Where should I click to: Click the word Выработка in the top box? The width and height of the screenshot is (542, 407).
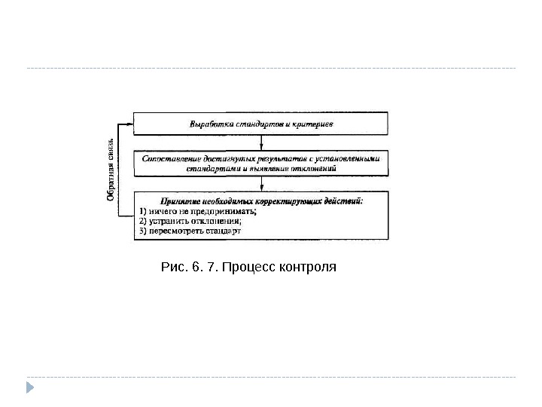(x=207, y=123)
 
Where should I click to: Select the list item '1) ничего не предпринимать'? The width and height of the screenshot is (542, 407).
(x=198, y=212)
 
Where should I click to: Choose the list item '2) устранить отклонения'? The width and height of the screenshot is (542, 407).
(x=193, y=222)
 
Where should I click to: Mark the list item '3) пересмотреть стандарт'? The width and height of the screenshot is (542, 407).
(x=191, y=232)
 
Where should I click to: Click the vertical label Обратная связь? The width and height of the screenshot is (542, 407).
(x=110, y=170)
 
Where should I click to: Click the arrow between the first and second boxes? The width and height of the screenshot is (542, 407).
(x=261, y=143)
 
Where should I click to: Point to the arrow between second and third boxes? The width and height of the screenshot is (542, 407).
(x=261, y=185)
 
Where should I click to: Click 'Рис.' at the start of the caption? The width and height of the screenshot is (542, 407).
(x=173, y=268)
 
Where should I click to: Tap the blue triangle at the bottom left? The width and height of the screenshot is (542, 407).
(x=30, y=388)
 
